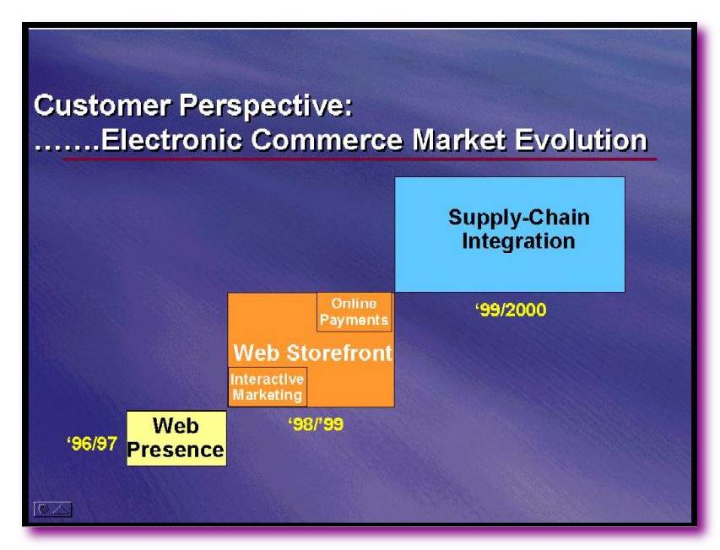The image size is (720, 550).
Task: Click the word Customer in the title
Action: [103, 105]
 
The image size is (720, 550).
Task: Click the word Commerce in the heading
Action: [327, 139]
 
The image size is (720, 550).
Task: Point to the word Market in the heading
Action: [459, 139]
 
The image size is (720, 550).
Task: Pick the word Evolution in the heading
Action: [581, 139]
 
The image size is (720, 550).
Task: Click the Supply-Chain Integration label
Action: [519, 229]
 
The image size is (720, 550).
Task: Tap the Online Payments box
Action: [355, 312]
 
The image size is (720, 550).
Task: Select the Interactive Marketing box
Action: [268, 386]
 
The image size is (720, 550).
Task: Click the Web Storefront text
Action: [312, 353]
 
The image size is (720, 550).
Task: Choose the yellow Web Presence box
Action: [176, 438]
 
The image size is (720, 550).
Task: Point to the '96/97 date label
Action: [92, 444]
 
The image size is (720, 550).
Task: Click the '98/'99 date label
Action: [316, 423]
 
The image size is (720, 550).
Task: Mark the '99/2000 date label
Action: [511, 310]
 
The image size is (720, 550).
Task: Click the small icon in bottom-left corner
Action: [53, 510]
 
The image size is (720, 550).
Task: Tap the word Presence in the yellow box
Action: [176, 450]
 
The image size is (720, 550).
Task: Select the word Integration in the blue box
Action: [519, 240]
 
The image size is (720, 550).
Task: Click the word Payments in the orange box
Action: [354, 320]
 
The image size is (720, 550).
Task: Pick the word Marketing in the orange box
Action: [268, 395]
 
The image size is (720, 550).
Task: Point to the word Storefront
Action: [339, 353]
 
